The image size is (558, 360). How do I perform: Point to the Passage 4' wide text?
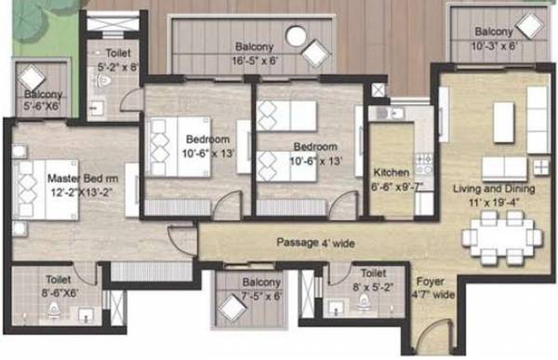click(315, 243)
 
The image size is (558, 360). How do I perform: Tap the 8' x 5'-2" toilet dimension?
click(373, 287)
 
